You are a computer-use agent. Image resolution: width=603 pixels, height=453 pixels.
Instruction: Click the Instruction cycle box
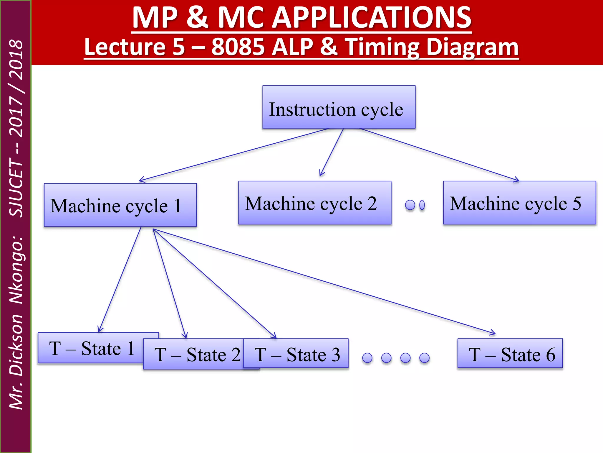coord(339,107)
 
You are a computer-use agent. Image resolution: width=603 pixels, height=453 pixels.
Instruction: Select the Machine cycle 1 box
coord(120,205)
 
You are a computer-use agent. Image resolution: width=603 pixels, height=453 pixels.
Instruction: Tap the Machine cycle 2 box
coord(314,203)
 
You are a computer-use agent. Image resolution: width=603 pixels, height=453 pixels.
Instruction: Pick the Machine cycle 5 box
coord(519,203)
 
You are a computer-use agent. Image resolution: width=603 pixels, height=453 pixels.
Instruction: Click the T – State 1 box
coord(91,348)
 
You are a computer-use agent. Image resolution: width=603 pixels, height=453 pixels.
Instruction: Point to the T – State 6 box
coord(510,354)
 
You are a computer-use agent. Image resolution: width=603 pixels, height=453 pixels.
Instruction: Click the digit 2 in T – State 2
coord(236,354)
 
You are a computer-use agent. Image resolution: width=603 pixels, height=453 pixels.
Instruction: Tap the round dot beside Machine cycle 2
coord(410,205)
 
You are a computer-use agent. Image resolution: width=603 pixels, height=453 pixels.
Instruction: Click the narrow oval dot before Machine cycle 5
coord(422,205)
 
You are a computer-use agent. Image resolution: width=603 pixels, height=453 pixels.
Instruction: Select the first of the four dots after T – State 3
coord(367,358)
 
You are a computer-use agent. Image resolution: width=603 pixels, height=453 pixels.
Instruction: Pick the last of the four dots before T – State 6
coord(424,358)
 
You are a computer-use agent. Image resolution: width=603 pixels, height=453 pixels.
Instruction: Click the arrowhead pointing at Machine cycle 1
coord(141,180)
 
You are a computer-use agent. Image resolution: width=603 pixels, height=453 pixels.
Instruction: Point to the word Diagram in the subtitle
coord(472,47)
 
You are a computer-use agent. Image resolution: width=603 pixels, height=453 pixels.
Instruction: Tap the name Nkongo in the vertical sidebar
coord(16,270)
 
